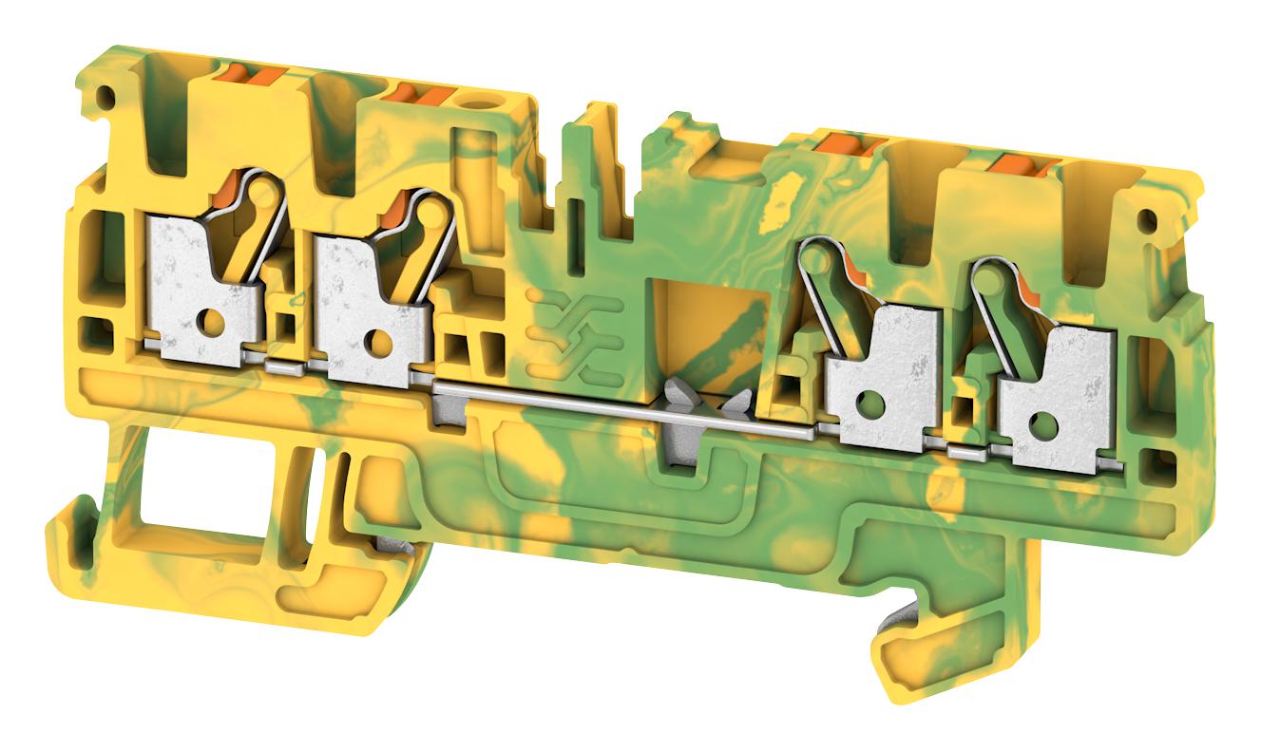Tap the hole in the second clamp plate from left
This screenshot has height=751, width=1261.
tap(378, 339)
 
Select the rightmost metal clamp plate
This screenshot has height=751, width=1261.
tap(1060, 400)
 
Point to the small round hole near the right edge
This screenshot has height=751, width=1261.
tap(1150, 220)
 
